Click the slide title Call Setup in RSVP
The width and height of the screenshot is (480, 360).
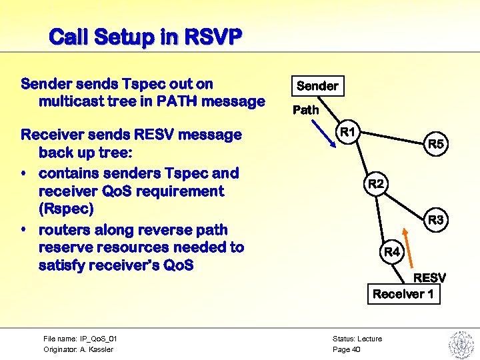click(x=145, y=36)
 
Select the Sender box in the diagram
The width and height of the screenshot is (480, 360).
click(x=317, y=86)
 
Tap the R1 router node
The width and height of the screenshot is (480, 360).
click(x=347, y=132)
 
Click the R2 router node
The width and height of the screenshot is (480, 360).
click(x=376, y=183)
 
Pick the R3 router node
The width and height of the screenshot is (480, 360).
click(x=435, y=219)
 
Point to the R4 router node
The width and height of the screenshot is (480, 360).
click(x=392, y=252)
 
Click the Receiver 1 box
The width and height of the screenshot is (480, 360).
click(x=403, y=294)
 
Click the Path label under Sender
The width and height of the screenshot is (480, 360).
click(x=306, y=110)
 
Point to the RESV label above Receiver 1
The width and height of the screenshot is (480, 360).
click(x=429, y=277)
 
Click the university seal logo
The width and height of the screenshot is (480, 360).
click(x=460, y=343)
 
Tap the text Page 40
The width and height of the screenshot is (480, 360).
click(x=346, y=349)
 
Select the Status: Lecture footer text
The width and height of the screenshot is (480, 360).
click(x=357, y=339)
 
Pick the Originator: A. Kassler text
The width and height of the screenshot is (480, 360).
click(x=78, y=349)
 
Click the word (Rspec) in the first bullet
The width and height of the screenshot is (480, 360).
click(x=66, y=209)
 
